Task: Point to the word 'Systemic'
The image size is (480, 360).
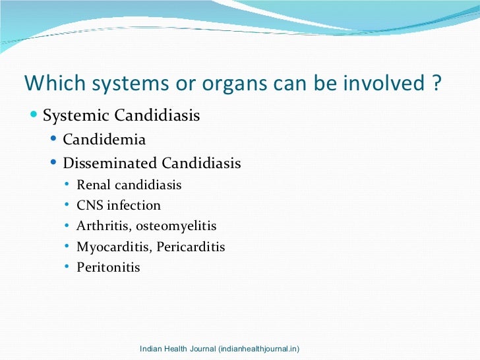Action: tap(76, 117)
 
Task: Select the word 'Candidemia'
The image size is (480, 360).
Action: tap(104, 140)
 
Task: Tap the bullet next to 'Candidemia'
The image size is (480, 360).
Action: tap(54, 140)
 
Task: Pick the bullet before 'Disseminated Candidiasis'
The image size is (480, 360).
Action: tap(54, 163)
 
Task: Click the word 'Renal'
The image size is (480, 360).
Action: tap(93, 185)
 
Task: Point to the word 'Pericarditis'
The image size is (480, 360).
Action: tap(191, 247)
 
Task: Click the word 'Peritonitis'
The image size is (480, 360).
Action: tap(108, 268)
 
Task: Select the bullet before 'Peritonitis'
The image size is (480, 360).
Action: tap(68, 267)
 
